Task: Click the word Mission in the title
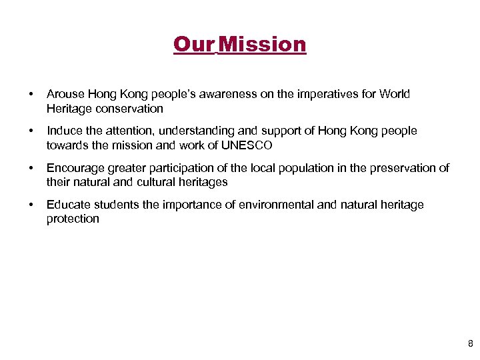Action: [262, 45]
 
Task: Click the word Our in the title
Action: [193, 45]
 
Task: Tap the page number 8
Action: [470, 344]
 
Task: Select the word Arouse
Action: [64, 94]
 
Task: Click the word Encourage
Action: [73, 168]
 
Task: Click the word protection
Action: [73, 219]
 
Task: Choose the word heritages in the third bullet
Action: [203, 181]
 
